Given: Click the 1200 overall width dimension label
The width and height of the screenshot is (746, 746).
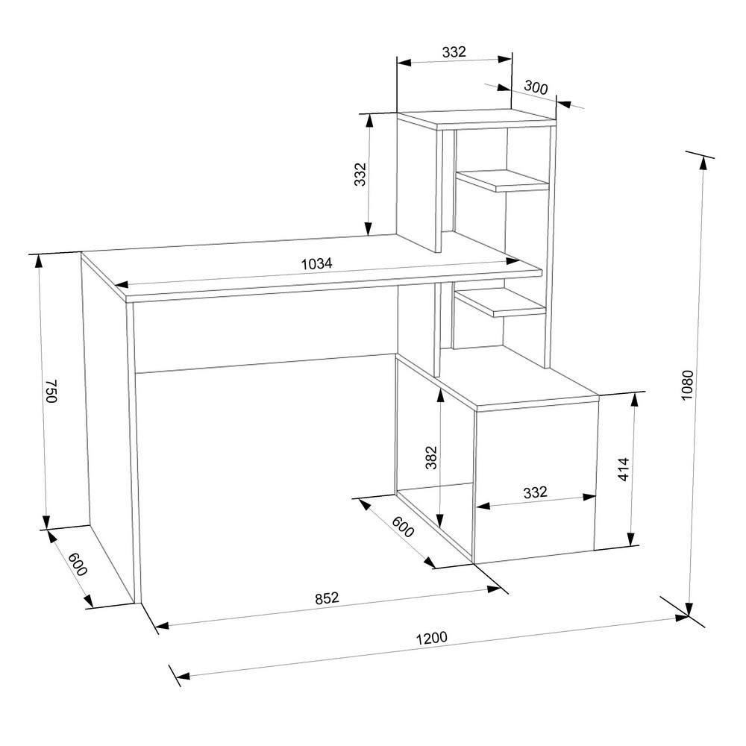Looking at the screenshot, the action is [x=431, y=638].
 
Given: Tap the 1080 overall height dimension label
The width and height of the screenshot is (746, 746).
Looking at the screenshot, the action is [x=688, y=384].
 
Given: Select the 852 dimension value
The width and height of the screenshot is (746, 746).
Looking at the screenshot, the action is [x=327, y=598].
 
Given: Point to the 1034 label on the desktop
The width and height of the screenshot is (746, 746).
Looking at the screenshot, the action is [x=316, y=263].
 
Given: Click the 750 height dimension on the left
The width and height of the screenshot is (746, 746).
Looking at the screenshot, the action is [x=51, y=391].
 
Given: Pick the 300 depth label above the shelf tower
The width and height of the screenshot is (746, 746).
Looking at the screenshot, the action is [x=536, y=87].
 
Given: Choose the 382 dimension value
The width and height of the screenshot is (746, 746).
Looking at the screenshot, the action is [x=431, y=457].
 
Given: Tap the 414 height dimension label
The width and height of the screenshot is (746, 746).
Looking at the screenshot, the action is [x=624, y=469].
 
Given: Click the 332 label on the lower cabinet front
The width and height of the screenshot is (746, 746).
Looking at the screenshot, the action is [x=535, y=492].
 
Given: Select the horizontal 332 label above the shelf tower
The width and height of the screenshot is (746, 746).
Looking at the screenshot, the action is [x=454, y=51].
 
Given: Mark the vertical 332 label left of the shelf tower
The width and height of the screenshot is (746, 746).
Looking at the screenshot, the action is [x=360, y=175].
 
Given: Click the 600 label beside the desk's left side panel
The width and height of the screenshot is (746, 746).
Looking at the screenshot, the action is [x=78, y=565].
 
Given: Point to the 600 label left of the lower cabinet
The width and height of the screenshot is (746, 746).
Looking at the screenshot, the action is [x=403, y=527].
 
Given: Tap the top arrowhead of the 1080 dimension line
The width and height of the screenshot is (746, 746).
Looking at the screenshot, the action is [x=702, y=163].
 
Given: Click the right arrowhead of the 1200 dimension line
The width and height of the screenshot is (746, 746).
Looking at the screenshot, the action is [x=682, y=618].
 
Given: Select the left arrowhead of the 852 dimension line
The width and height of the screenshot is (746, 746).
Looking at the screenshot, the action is [x=162, y=626].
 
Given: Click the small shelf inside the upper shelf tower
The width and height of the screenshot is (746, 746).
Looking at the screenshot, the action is [x=502, y=181].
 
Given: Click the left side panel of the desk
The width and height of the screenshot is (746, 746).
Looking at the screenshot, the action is [x=108, y=428].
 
